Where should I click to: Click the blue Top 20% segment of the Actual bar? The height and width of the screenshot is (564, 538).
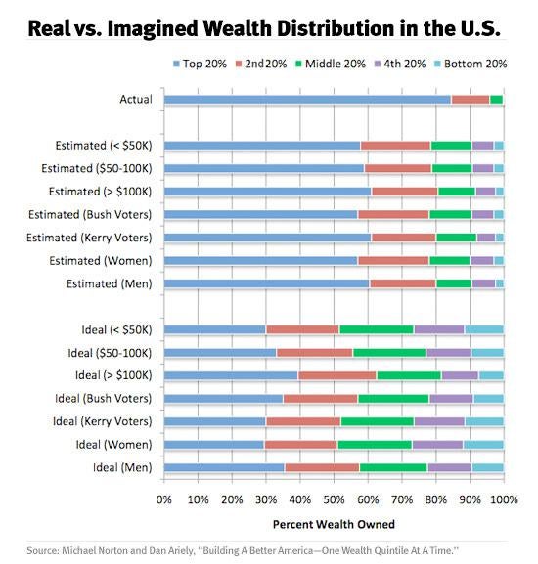tap(307, 100)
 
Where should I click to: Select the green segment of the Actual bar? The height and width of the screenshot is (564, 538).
tap(496, 100)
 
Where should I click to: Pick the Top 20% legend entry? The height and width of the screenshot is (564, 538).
tap(202, 65)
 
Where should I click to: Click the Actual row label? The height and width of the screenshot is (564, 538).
tap(136, 100)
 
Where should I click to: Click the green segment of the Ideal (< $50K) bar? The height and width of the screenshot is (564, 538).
tap(376, 329)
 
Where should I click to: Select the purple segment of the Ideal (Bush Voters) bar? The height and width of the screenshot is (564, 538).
tap(451, 399)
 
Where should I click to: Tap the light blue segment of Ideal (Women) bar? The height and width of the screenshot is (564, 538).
tap(483, 445)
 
